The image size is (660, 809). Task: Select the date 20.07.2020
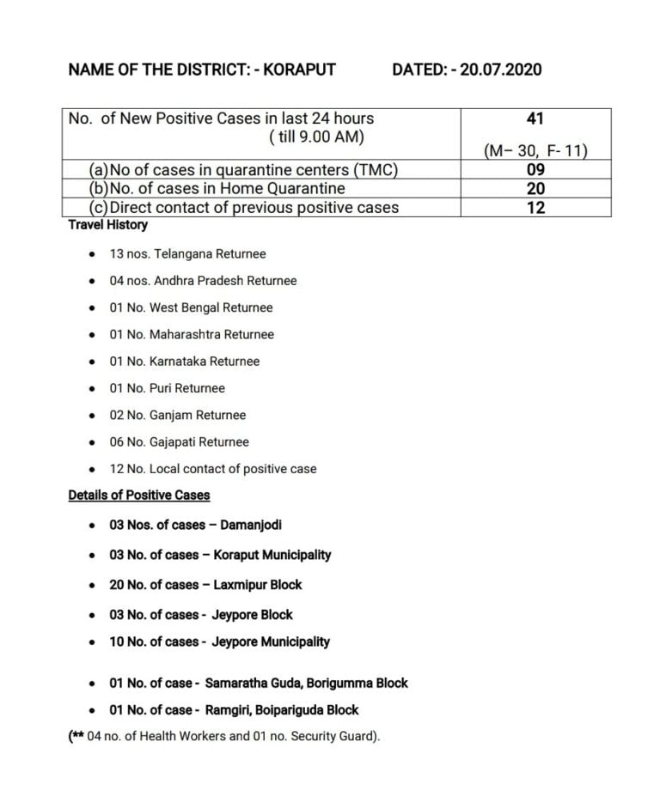coord(501,70)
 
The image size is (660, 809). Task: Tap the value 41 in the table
coord(535,119)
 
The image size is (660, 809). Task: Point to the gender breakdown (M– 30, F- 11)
coord(535,151)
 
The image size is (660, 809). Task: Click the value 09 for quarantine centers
coord(535,170)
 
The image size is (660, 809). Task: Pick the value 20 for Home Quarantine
coord(535,188)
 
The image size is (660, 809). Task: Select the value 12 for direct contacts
coord(535,207)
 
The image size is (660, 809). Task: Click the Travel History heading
coord(107,225)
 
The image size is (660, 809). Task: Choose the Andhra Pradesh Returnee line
coord(203,281)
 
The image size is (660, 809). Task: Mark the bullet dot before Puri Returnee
coord(91,389)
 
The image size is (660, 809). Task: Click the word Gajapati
coord(175,442)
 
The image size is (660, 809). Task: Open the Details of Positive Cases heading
coord(138,496)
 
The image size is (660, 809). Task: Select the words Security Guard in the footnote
coord(338,737)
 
